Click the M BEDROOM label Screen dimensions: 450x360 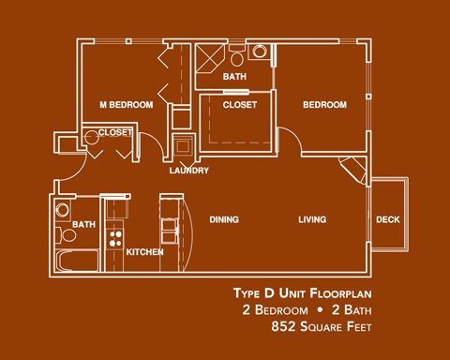point(127,105)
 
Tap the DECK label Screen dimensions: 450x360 point(388,219)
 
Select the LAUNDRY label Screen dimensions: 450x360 point(189,171)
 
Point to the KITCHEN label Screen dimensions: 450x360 point(144,252)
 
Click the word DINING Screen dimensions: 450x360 point(224,219)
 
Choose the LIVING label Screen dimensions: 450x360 point(312,219)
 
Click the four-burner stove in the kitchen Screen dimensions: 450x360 point(115,238)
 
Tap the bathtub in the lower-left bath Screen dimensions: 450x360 point(77,261)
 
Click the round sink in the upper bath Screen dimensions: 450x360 point(260,52)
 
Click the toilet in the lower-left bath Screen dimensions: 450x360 point(66,235)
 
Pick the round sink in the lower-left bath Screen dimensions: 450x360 point(63,210)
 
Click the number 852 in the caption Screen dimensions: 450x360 point(283,326)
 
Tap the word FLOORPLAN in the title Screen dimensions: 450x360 point(341,293)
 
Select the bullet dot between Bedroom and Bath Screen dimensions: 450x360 point(320,310)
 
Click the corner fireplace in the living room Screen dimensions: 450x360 point(353,169)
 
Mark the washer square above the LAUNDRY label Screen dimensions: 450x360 point(184,145)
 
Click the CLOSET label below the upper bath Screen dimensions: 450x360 point(240,105)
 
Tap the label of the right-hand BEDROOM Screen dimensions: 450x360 point(324,105)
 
